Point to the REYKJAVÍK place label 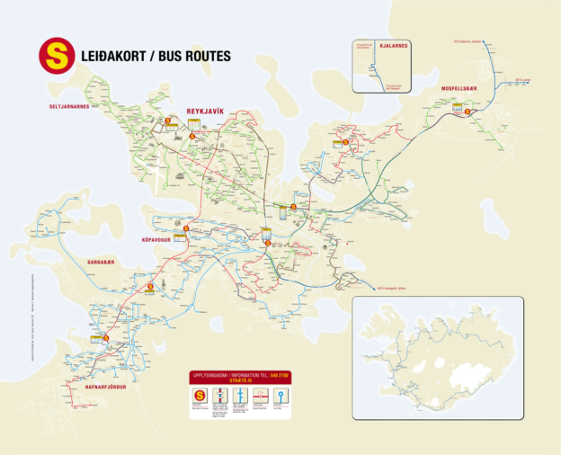coord(204,111)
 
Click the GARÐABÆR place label coord(102,262)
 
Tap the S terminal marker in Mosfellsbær coord(467,112)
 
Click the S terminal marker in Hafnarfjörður coord(106,338)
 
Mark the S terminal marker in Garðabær coord(150,289)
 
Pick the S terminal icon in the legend coord(200,396)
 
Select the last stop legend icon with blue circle coord(281,396)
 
